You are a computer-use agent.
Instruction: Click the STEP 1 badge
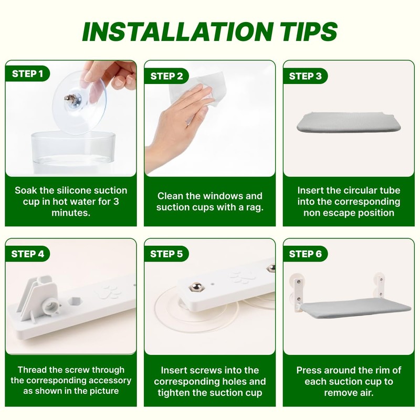point(27,73)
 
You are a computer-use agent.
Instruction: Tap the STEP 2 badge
point(166,76)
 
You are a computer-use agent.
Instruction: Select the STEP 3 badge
point(306,76)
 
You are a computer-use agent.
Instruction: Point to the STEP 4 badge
point(27,254)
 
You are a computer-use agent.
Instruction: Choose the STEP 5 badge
point(166,254)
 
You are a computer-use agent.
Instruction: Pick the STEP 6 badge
point(306,254)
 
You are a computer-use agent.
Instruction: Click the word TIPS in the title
point(309,31)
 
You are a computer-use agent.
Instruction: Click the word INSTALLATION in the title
point(178,31)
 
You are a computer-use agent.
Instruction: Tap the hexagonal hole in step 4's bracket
point(75,301)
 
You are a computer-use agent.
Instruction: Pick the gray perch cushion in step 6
point(355,310)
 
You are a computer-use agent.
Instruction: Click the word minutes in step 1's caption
point(71,213)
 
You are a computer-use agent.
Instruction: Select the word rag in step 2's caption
point(255,207)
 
